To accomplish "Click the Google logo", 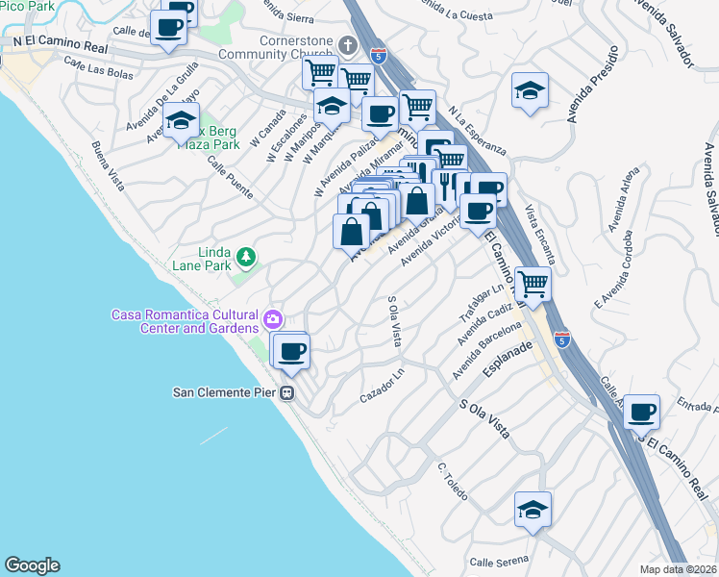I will point(32,565).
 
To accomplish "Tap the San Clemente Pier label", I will point(224,392).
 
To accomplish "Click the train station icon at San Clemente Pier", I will point(286,392).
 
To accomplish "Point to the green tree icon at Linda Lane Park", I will point(247,257).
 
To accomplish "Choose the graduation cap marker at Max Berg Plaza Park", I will point(180,122).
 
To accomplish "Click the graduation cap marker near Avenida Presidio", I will point(530,91).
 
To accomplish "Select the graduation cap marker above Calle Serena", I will point(532,510).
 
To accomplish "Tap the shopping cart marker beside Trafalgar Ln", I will point(533,284).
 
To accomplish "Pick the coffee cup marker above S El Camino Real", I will point(641,413).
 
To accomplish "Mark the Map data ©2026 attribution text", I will point(678,568).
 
